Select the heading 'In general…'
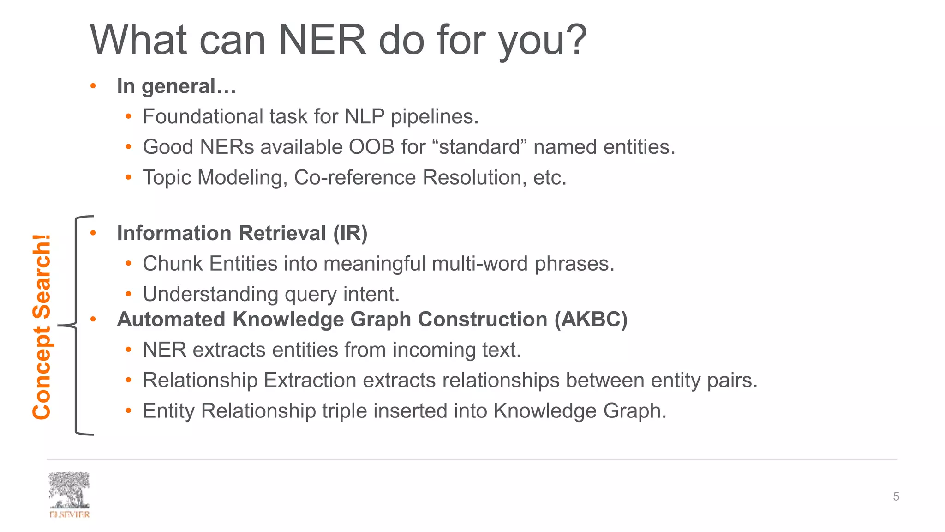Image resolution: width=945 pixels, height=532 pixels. [176, 86]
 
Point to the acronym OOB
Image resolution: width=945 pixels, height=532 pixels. [371, 147]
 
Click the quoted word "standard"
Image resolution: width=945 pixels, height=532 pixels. [480, 147]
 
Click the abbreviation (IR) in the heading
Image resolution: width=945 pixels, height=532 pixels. [350, 233]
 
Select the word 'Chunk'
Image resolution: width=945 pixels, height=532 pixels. [173, 264]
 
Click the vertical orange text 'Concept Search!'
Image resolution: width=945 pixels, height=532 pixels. [42, 327]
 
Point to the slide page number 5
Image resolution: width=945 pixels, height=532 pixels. [896, 496]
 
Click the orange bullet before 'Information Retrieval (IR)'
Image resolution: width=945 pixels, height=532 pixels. [93, 233]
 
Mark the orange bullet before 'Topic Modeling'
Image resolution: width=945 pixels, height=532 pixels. [129, 178]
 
